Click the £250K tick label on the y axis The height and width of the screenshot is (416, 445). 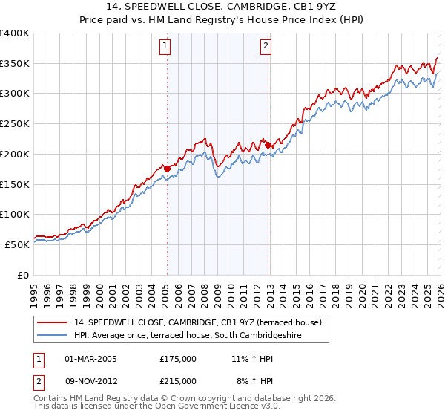point(15,124)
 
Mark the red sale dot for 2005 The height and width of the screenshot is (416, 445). point(167,169)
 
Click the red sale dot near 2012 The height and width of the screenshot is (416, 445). point(268,145)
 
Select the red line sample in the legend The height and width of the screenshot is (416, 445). point(52,322)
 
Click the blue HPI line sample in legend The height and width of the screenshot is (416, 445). point(52,336)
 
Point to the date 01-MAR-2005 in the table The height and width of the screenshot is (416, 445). point(90,359)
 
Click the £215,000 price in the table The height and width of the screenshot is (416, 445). point(177,380)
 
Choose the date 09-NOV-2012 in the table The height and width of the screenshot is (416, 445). point(91,380)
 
